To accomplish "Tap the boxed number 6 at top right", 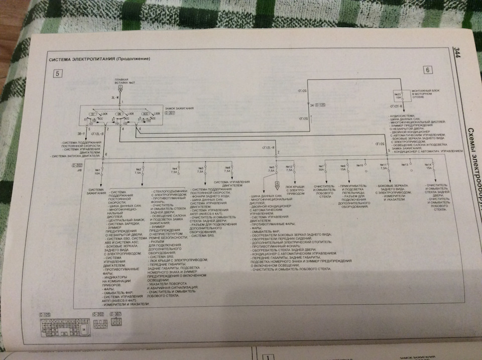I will click(427, 70).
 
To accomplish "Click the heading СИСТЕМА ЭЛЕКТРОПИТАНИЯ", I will click(81, 60).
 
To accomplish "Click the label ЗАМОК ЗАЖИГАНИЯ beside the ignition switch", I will click(180, 109).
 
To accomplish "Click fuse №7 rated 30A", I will click(322, 170).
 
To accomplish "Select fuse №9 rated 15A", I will click(343, 170).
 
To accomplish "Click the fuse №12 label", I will click(289, 167).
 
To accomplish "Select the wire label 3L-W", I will click(115, 97).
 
